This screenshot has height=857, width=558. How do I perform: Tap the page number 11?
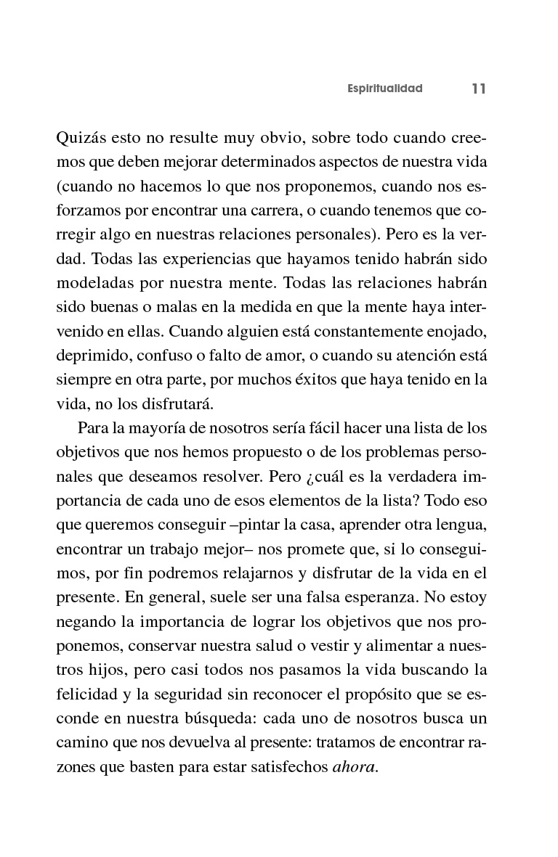pyautogui.click(x=477, y=89)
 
